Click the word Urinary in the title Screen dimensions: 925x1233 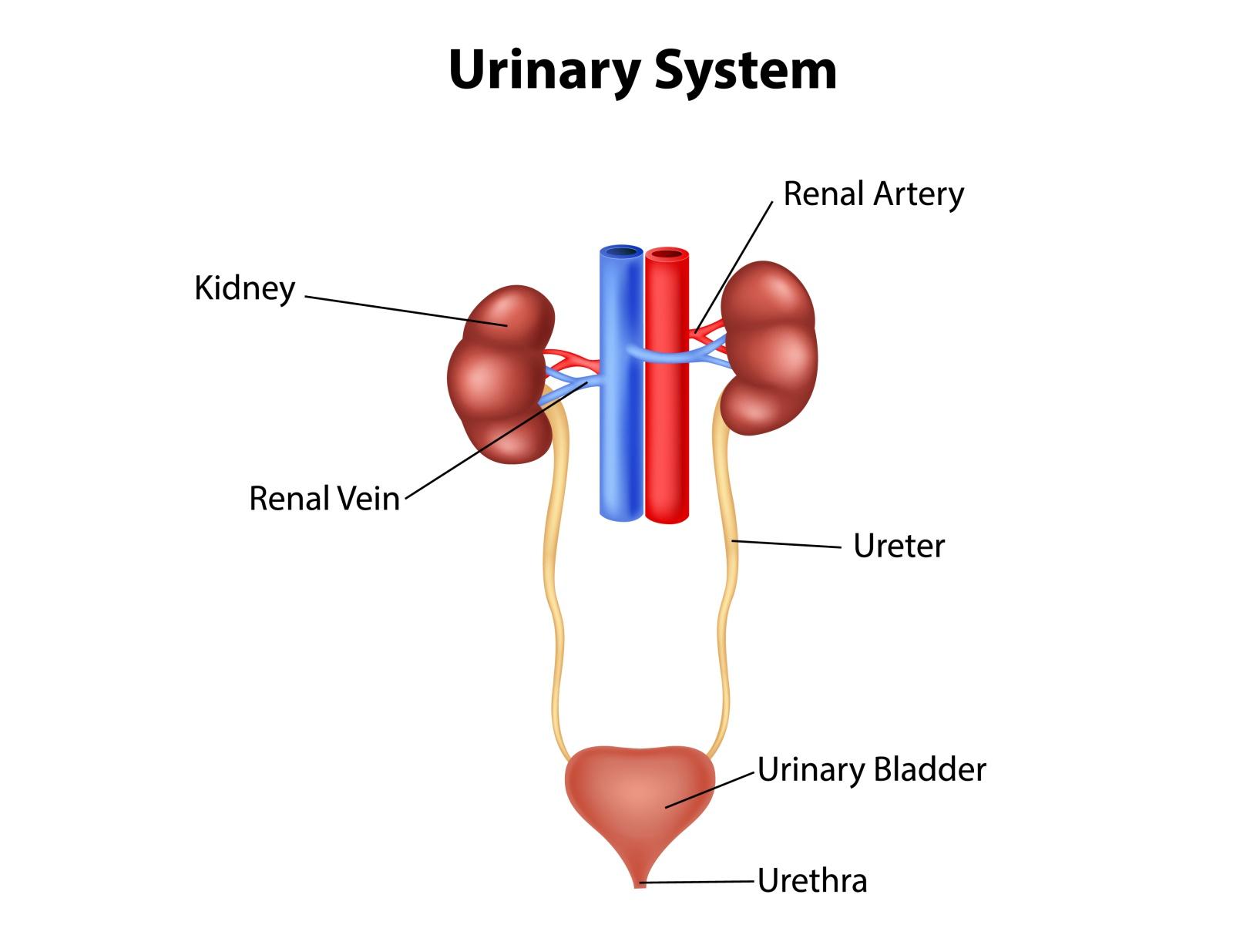coord(543,71)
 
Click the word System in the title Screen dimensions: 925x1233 coord(745,71)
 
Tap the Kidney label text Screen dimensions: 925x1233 coord(244,288)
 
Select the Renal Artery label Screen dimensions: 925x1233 coord(873,193)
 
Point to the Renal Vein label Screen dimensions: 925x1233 coord(324,499)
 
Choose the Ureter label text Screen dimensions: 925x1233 coord(899,546)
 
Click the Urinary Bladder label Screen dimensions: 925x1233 coord(872,769)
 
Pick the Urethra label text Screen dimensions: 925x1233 coord(812,880)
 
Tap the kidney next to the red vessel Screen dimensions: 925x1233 coord(771,347)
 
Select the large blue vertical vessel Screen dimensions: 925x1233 coord(621,432)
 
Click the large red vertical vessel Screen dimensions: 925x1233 coord(667,432)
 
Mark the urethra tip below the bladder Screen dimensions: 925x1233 coord(640,883)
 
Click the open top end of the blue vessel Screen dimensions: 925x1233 coord(621,251)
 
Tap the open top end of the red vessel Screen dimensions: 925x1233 coord(667,253)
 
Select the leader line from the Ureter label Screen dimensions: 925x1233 coord(786,544)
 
